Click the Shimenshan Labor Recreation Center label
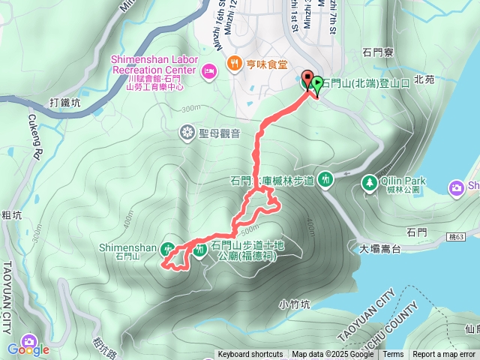(x=154, y=64)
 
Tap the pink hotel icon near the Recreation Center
(x=209, y=70)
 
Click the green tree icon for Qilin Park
(x=369, y=181)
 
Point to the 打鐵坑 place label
(x=64, y=102)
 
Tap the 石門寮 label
(x=378, y=52)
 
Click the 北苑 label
(x=424, y=79)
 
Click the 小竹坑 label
(x=294, y=304)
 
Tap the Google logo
(x=28, y=349)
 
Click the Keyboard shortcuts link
(x=250, y=355)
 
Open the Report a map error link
(x=444, y=355)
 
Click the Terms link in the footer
(x=393, y=355)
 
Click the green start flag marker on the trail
(x=318, y=83)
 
